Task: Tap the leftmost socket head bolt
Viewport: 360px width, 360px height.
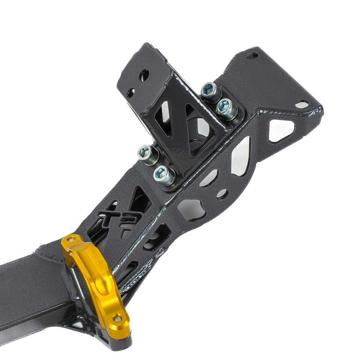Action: [x=145, y=152]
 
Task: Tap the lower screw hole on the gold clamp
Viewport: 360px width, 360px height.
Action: [x=117, y=319]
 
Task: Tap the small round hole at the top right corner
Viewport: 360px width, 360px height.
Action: [x=252, y=56]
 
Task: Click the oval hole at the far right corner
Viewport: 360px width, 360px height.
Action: [x=301, y=104]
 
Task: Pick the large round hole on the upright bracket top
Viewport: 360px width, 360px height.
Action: [x=144, y=75]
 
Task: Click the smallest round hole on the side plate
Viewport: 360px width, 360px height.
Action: [x=222, y=194]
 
